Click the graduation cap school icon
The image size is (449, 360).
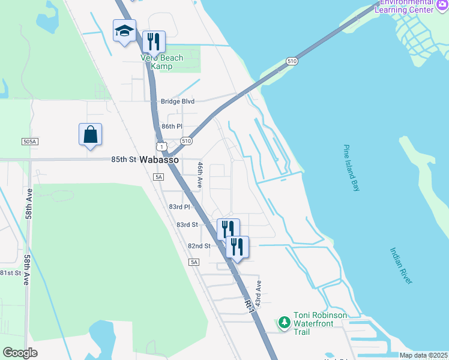(x=124, y=31)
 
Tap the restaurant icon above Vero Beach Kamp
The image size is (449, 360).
(x=154, y=41)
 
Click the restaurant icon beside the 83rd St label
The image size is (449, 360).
(x=228, y=229)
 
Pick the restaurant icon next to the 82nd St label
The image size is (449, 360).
(x=237, y=247)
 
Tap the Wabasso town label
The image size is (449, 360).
(x=159, y=161)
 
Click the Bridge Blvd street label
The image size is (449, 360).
(x=178, y=101)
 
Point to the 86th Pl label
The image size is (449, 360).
(x=171, y=127)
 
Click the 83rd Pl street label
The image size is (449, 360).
(x=179, y=206)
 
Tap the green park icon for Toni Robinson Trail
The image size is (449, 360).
(x=284, y=323)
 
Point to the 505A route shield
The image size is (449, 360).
(x=29, y=142)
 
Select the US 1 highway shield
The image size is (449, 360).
(x=161, y=146)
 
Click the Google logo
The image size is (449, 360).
(x=20, y=352)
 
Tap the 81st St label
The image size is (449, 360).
(x=10, y=273)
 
